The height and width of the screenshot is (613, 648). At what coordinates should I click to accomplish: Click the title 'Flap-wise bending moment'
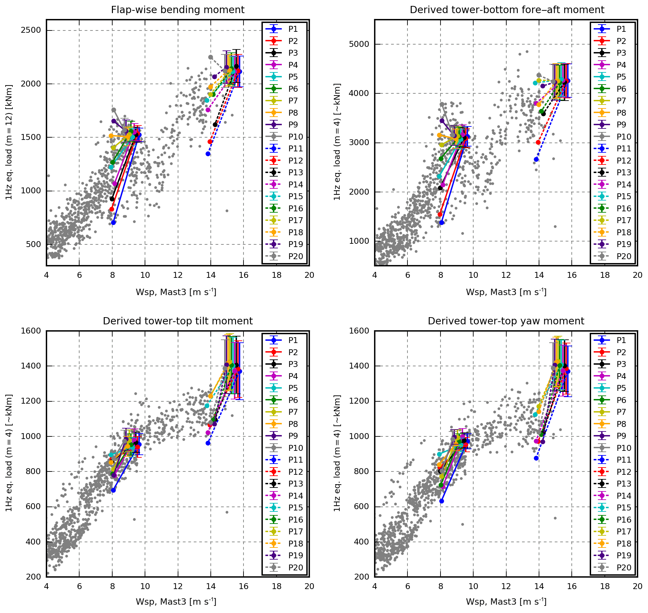pyautogui.click(x=178, y=10)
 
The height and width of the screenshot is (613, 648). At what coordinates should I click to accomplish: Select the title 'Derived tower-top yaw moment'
pyautogui.click(x=506, y=321)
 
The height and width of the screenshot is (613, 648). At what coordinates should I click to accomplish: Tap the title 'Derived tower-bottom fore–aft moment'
pyautogui.click(x=507, y=10)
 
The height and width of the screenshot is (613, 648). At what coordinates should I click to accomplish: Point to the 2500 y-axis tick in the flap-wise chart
pyautogui.click(x=31, y=30)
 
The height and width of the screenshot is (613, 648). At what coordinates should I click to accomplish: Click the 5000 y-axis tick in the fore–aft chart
pyautogui.click(x=359, y=44)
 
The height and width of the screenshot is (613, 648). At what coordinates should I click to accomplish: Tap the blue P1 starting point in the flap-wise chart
pyautogui.click(x=113, y=222)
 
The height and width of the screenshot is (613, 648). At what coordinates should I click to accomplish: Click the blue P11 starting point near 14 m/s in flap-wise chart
pyautogui.click(x=208, y=154)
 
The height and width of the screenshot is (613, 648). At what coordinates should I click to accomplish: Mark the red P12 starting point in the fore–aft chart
pyautogui.click(x=538, y=142)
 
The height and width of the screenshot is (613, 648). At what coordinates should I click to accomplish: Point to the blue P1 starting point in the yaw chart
pyautogui.click(x=441, y=501)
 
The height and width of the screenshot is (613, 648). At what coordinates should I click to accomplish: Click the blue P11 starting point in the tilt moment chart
pyautogui.click(x=208, y=443)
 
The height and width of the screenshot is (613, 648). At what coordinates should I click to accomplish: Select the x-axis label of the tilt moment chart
pyautogui.click(x=176, y=602)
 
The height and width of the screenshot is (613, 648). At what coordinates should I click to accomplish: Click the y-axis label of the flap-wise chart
pyautogui.click(x=9, y=142)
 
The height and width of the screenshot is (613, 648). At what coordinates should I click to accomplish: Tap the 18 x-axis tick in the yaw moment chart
pyautogui.click(x=605, y=586)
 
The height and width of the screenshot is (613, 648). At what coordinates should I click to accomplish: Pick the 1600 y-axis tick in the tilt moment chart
pyautogui.click(x=31, y=331)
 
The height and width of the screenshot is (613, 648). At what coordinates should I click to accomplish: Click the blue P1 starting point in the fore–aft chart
pyautogui.click(x=441, y=222)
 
